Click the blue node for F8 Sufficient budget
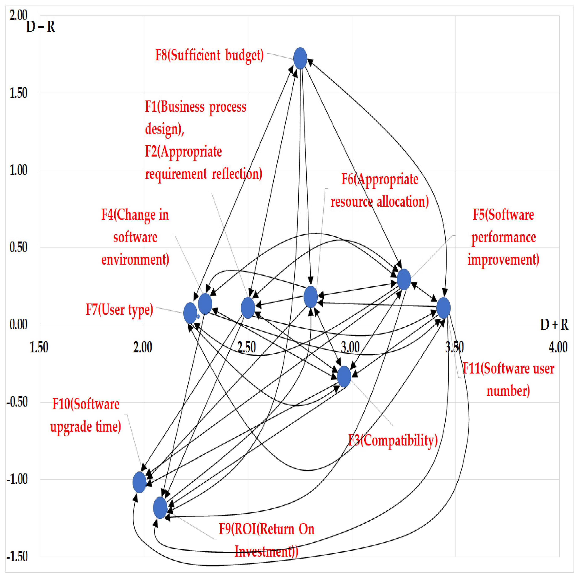pyautogui.click(x=300, y=58)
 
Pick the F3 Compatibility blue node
pyautogui.click(x=344, y=376)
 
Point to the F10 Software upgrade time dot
pyautogui.click(x=139, y=482)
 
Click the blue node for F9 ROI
pyautogui.click(x=160, y=508)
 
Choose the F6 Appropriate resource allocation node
pyautogui.click(x=311, y=297)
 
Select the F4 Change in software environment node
pyautogui.click(x=205, y=304)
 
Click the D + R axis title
pyautogui.click(x=554, y=325)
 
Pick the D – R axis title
pyautogui.click(x=41, y=27)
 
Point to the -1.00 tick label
pyautogui.click(x=17, y=479)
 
